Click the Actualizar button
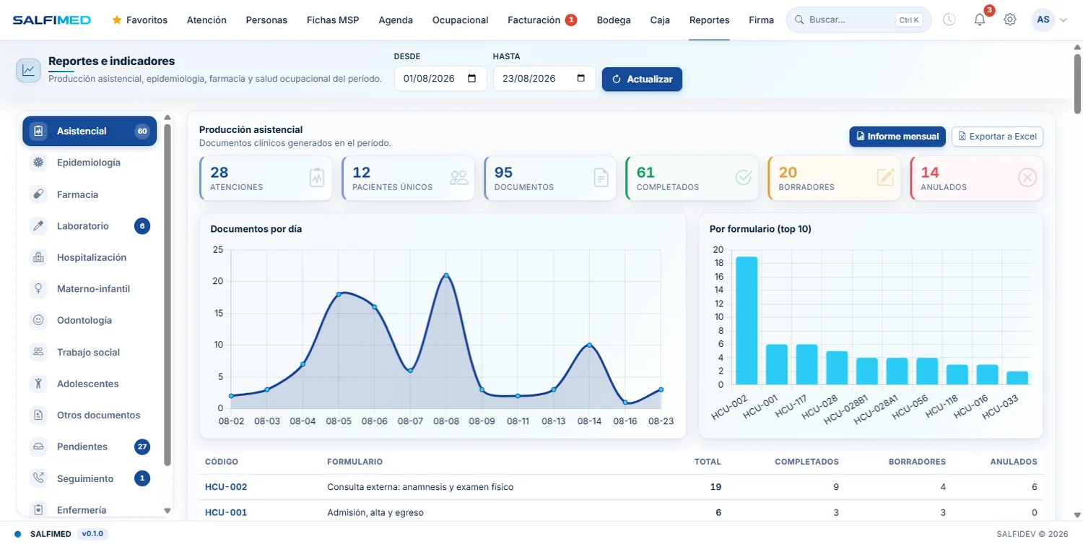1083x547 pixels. click(642, 79)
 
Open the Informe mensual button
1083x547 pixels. click(897, 136)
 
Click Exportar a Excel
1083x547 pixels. click(997, 136)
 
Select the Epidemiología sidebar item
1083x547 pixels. click(90, 163)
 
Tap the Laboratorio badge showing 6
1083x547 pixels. click(142, 226)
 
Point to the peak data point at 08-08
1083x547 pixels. click(445, 275)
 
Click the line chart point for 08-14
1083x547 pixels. click(589, 345)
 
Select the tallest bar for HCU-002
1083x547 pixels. click(747, 320)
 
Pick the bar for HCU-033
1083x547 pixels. click(1017, 378)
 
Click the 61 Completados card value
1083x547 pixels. click(645, 172)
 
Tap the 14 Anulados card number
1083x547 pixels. click(930, 172)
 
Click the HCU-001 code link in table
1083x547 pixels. click(226, 512)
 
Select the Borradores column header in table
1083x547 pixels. click(917, 462)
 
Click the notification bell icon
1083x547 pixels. click(980, 20)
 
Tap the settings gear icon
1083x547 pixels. click(1010, 20)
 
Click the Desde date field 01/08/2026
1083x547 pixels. click(440, 79)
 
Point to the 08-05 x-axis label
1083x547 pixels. click(339, 421)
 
